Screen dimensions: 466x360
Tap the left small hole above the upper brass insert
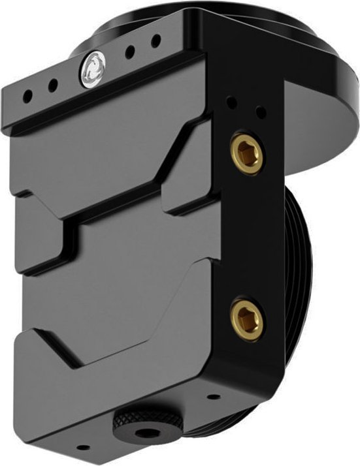pyautogui.click(x=231, y=102)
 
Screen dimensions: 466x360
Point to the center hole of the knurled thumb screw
pyautogui.click(x=140, y=431)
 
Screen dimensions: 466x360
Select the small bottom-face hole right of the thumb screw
pyautogui.click(x=213, y=396)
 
